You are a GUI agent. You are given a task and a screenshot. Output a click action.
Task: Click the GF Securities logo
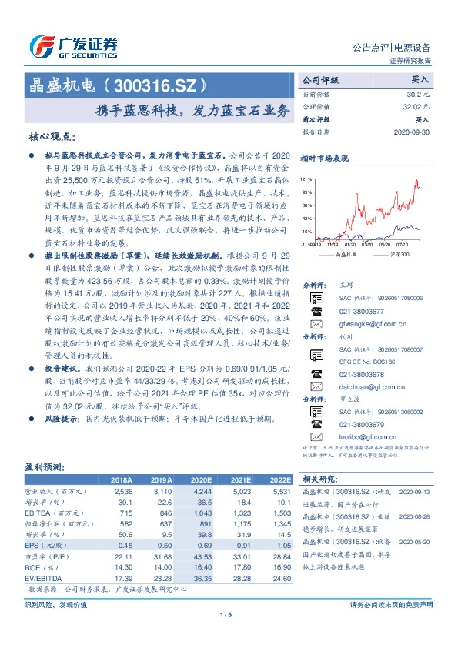[73, 45]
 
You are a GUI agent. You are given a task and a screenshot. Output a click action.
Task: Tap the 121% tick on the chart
[306, 178]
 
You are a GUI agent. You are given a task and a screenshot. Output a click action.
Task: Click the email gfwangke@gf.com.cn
[369, 324]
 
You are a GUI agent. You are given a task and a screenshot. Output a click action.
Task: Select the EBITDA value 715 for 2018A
[123, 512]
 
